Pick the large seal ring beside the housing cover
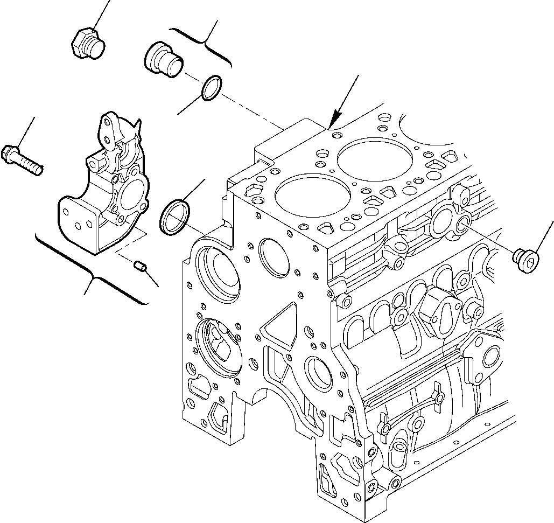tap(173, 217)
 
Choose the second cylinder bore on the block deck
tap(368, 157)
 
